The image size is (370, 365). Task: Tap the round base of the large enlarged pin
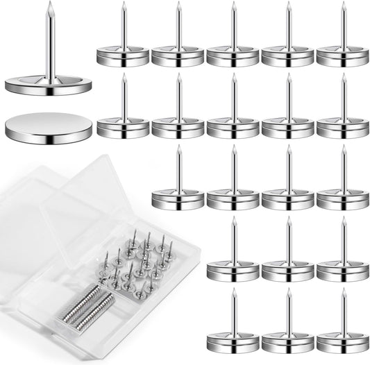coord(49,87)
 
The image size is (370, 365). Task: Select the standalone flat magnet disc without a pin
coord(49,127)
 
